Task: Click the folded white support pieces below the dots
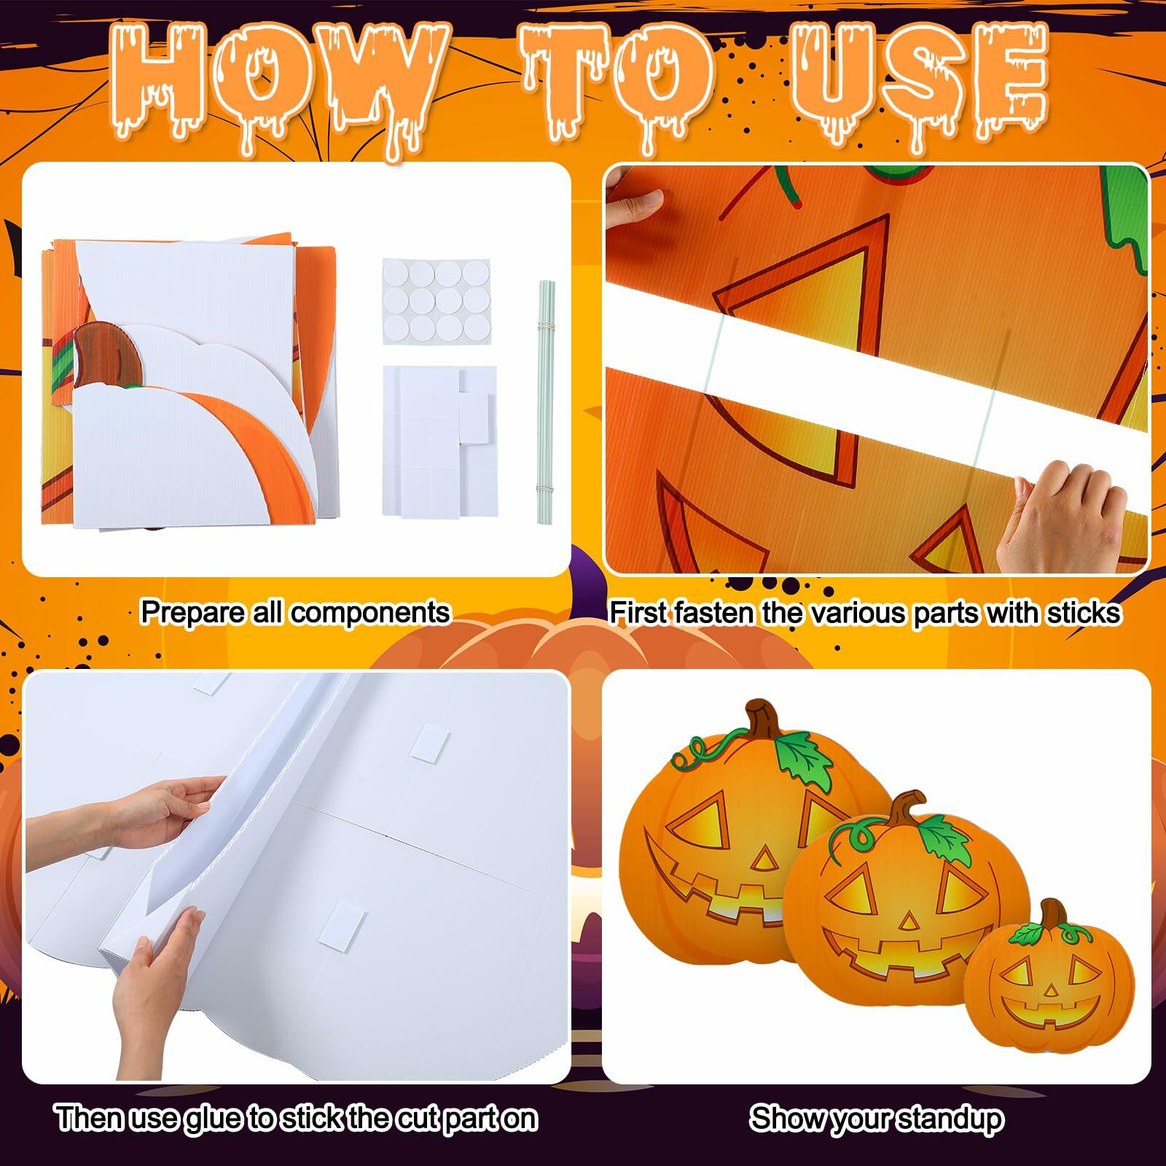pyautogui.click(x=437, y=440)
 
